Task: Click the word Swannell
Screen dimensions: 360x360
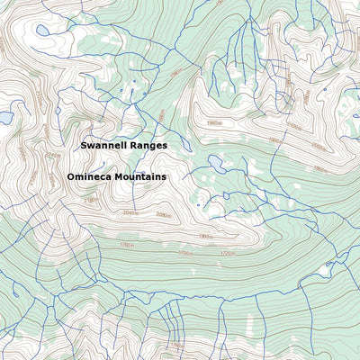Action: (x=104, y=145)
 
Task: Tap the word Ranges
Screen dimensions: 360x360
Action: (x=148, y=146)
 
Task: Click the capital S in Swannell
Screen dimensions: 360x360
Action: (x=84, y=145)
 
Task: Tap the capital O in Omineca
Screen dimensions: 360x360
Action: (x=71, y=177)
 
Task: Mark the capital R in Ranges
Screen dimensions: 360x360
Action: (x=133, y=145)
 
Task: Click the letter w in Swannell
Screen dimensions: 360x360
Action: (x=92, y=145)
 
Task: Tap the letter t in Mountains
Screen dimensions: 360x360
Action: (x=147, y=177)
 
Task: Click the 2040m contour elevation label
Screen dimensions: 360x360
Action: (x=130, y=213)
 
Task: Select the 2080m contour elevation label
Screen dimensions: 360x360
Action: (x=163, y=215)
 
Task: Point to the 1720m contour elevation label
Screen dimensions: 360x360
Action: (x=227, y=254)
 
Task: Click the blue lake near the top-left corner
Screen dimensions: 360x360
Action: (x=42, y=30)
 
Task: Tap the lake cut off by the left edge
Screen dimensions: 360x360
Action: (x=4, y=117)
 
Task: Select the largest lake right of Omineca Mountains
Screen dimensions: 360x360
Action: (x=215, y=163)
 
